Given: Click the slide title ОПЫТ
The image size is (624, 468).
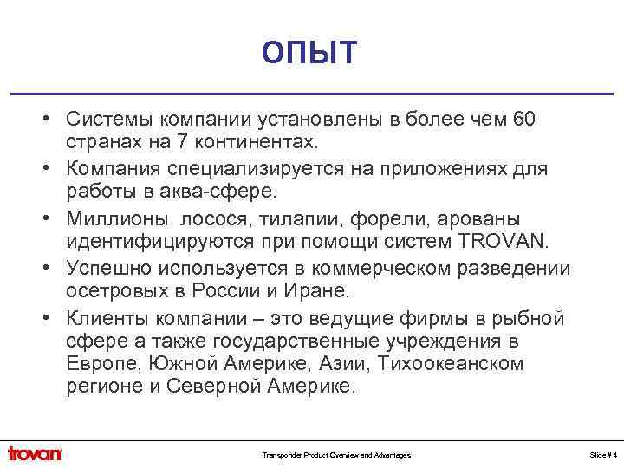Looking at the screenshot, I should tap(309, 53).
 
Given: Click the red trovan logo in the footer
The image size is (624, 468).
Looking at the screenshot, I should tap(35, 453).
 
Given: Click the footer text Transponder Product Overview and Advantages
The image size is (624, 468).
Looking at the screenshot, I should tap(336, 455).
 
